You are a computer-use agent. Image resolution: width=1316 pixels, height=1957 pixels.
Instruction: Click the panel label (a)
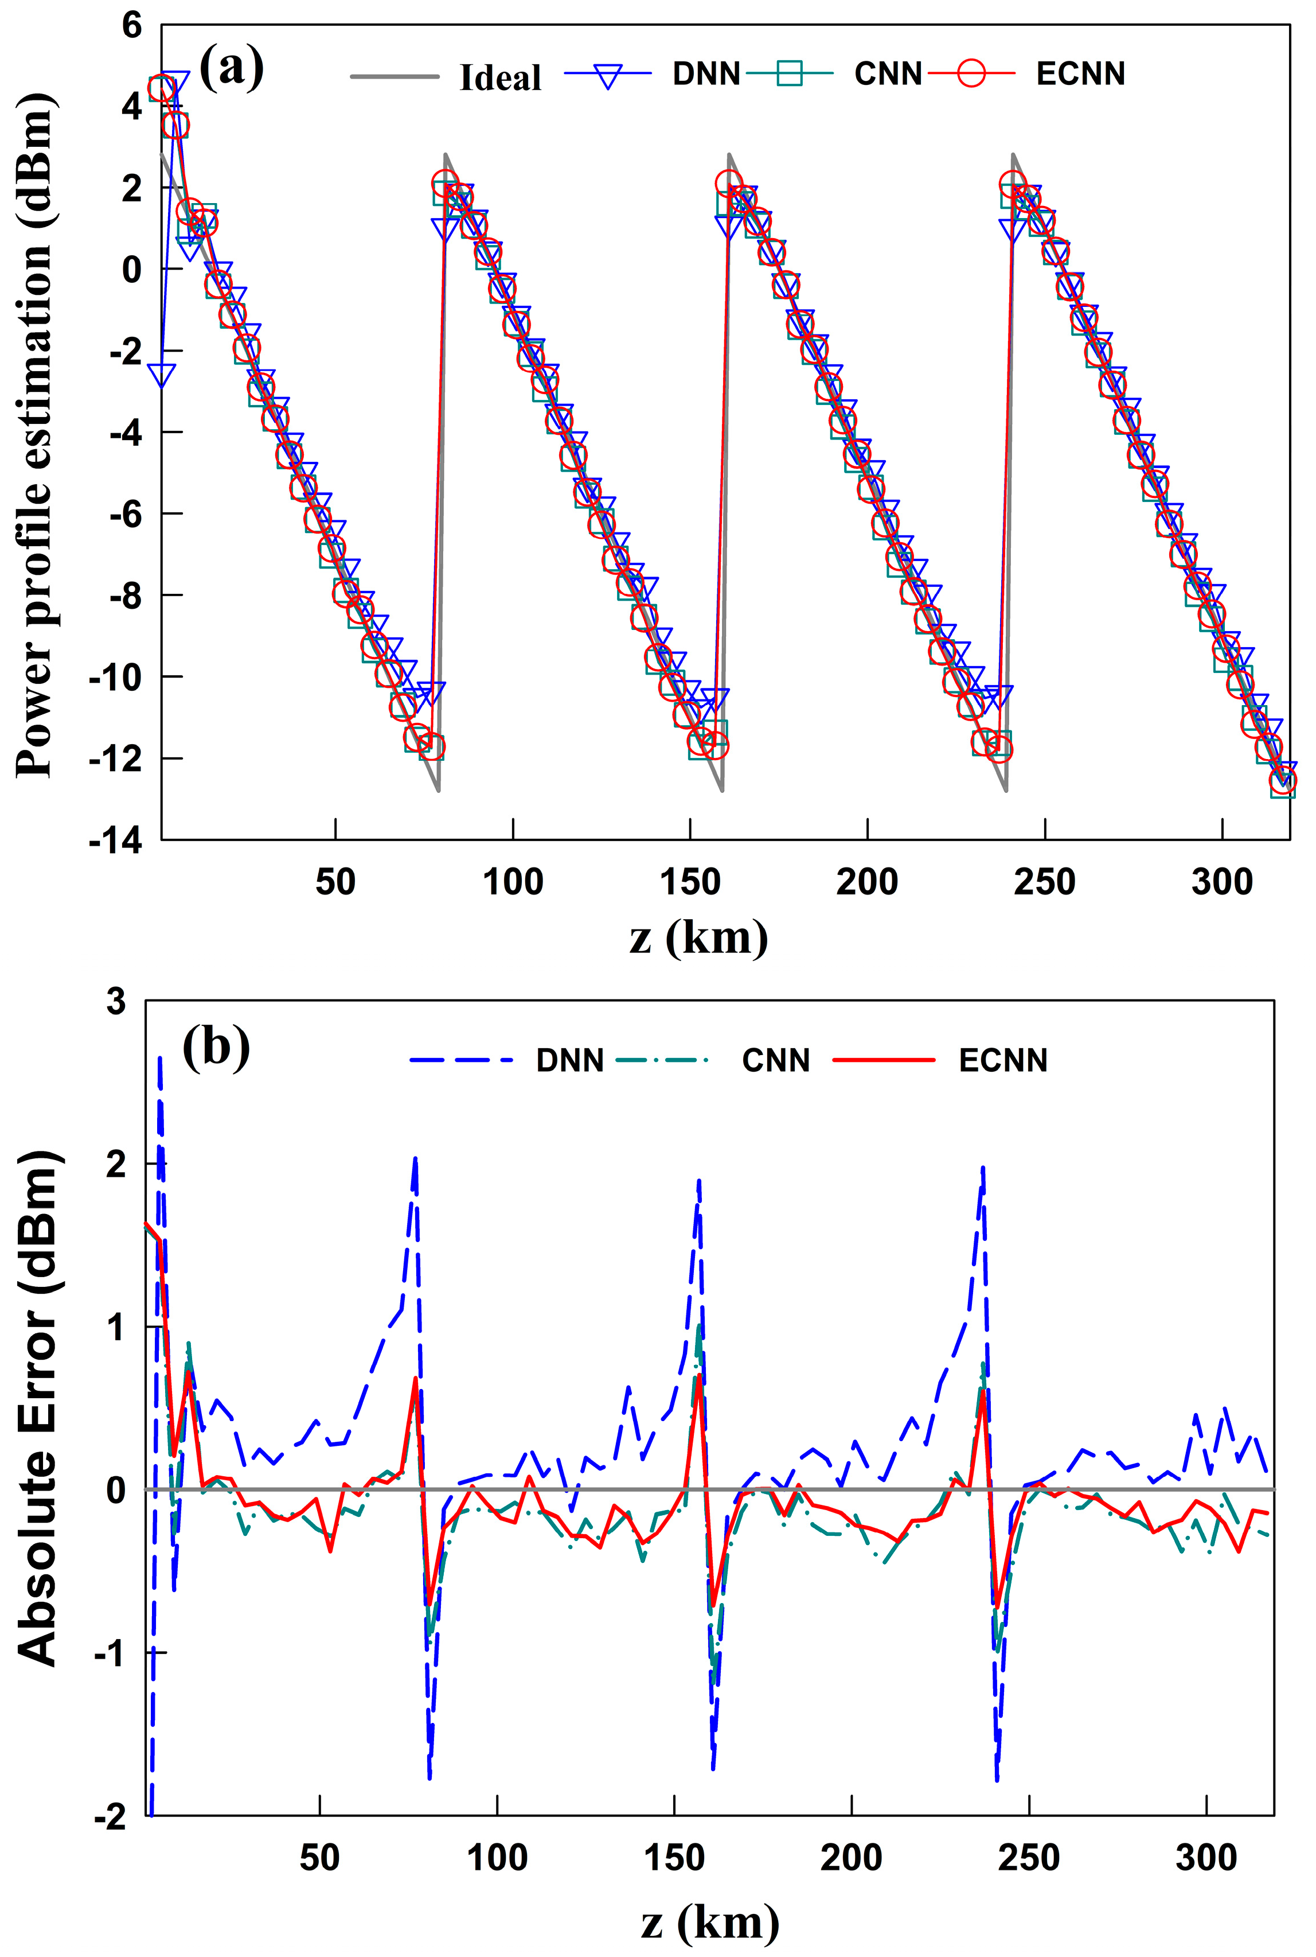point(231,67)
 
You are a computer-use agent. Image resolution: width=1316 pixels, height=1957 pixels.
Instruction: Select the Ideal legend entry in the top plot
point(499,77)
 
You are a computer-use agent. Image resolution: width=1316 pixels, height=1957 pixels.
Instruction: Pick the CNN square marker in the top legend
point(789,74)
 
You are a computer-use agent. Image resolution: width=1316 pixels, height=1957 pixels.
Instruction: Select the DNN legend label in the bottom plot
point(570,1060)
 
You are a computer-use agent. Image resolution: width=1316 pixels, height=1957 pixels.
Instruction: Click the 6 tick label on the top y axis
point(132,25)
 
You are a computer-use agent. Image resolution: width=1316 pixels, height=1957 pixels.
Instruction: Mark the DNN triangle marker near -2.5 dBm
point(161,375)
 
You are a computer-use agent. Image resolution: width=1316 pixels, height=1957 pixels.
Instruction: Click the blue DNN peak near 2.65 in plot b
point(159,1060)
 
